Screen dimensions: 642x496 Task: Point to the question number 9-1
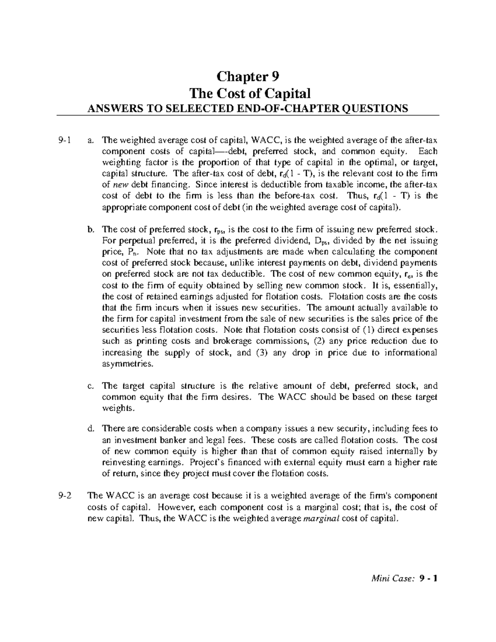click(65, 140)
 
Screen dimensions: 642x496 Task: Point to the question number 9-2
click(65, 496)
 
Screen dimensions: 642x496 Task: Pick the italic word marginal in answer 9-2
click(320, 518)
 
